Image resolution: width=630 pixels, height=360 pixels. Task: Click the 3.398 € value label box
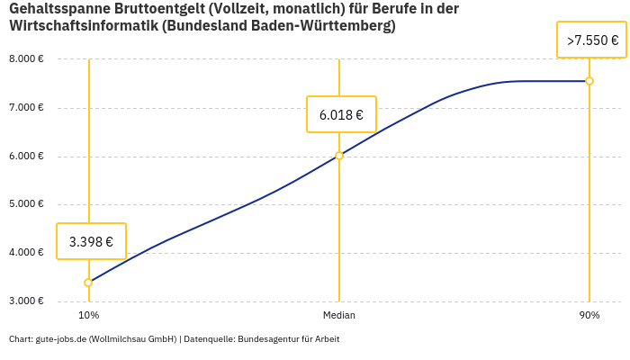(x=91, y=241)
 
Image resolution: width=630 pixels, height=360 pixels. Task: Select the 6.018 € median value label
(x=341, y=114)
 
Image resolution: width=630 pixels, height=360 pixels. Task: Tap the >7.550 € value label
(x=591, y=40)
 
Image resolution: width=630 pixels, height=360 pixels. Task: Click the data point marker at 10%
(x=88, y=283)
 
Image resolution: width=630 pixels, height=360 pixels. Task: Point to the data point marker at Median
(x=339, y=156)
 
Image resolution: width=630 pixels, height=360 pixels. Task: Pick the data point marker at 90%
(x=589, y=81)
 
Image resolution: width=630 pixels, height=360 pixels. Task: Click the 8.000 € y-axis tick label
(x=26, y=59)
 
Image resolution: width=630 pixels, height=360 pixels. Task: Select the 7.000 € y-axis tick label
(x=26, y=108)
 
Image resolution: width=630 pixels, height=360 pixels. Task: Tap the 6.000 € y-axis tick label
(x=26, y=157)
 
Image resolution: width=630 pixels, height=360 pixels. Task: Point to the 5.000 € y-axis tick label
(x=26, y=204)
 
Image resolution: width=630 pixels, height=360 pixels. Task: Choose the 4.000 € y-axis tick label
(x=26, y=253)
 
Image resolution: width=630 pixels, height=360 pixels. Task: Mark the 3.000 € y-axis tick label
(x=26, y=301)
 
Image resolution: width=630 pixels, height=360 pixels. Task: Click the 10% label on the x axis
(x=88, y=316)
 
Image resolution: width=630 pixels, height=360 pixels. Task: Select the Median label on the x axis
(x=339, y=316)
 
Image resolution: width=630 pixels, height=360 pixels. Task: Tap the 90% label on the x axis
(x=589, y=316)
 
